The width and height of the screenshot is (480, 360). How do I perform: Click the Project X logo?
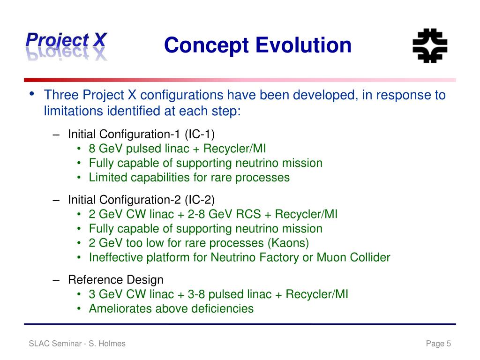67,46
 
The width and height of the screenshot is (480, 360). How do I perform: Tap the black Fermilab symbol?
430,46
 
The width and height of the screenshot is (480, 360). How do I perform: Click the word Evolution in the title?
303,45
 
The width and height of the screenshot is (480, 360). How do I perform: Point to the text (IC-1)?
200,135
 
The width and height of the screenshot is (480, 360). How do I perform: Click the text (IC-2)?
200,200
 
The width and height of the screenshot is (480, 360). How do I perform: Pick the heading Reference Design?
116,280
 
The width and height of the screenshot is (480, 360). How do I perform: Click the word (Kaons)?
288,243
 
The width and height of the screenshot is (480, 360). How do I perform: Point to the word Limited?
106,178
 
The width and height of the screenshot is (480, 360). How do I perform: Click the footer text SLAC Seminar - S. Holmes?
77,344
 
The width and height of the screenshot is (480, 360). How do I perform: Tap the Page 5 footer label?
438,344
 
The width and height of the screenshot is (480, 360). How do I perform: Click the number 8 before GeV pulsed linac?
92,149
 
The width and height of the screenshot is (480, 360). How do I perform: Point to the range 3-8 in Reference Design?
196,294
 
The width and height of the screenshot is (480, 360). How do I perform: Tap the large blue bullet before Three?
32,94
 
